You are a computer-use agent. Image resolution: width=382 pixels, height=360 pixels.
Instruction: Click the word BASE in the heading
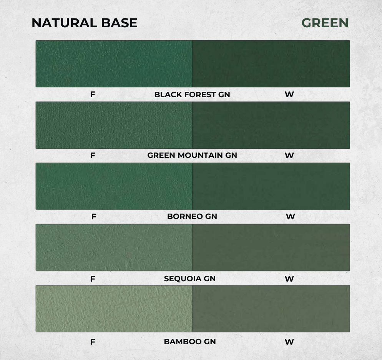pos(119,23)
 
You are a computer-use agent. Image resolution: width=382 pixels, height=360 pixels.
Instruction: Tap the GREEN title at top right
pos(325,23)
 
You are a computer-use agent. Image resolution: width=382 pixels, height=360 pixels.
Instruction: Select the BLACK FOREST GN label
pos(192,95)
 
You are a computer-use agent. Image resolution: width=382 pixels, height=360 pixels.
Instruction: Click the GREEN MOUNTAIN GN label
pos(192,155)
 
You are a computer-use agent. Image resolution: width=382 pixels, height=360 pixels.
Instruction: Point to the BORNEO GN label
pos(192,216)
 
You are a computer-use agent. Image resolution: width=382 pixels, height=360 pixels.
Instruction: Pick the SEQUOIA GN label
pos(190,279)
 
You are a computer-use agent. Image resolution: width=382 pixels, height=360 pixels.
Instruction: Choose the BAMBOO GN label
pos(190,342)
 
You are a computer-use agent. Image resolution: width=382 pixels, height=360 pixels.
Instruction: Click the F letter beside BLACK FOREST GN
pos(93,95)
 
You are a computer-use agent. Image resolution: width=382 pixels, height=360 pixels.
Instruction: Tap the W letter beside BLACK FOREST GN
pos(289,95)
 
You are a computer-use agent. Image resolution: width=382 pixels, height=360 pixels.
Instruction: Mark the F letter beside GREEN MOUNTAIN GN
pos(93,155)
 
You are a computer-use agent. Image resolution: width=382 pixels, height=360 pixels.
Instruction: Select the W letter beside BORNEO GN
pos(291,217)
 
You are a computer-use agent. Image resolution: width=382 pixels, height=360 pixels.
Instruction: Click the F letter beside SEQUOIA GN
pos(93,279)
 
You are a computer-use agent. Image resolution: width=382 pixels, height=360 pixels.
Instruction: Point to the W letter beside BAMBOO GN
pos(289,342)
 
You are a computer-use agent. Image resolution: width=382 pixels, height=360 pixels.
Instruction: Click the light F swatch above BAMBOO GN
pos(114,309)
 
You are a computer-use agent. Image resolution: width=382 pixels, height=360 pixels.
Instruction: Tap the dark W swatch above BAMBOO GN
pos(271,309)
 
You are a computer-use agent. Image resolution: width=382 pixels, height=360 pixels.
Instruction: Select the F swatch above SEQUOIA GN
pos(114,247)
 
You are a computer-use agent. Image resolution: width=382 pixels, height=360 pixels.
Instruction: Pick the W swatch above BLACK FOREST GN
pos(271,63)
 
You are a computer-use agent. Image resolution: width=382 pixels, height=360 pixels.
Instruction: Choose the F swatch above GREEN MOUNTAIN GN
pos(114,125)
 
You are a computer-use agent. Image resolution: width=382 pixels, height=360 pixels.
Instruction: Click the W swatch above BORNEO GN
pos(271,186)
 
